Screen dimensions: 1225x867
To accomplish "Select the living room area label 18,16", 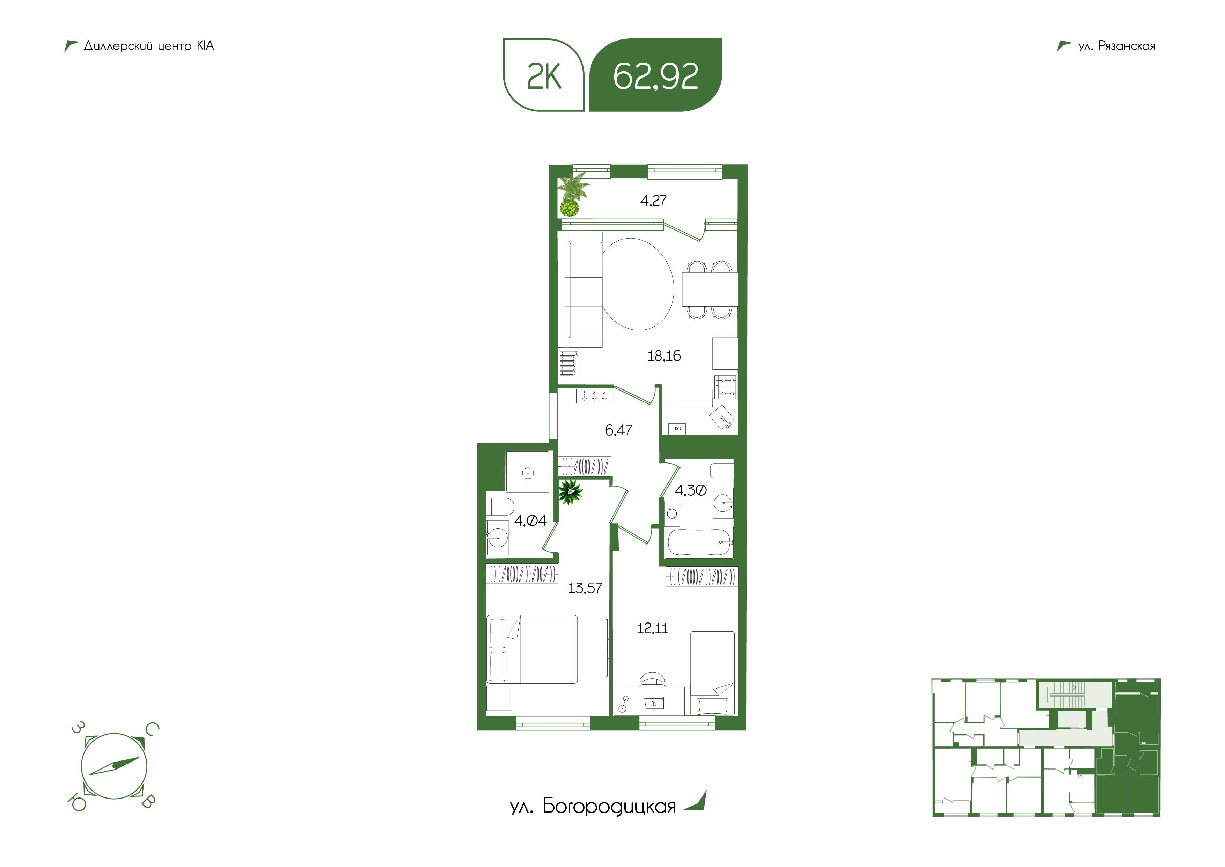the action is [664, 356].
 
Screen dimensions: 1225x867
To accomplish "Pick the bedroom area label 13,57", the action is [585, 588].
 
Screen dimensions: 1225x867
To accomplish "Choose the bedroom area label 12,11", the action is [652, 628].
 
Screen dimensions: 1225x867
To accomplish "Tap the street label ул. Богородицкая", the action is [593, 806].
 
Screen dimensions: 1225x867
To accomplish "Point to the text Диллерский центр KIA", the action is [149, 46].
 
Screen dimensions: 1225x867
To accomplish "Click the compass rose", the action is [113, 766].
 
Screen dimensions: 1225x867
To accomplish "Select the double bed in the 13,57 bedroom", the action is [533, 649].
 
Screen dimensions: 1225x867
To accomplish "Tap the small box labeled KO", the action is [677, 428].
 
